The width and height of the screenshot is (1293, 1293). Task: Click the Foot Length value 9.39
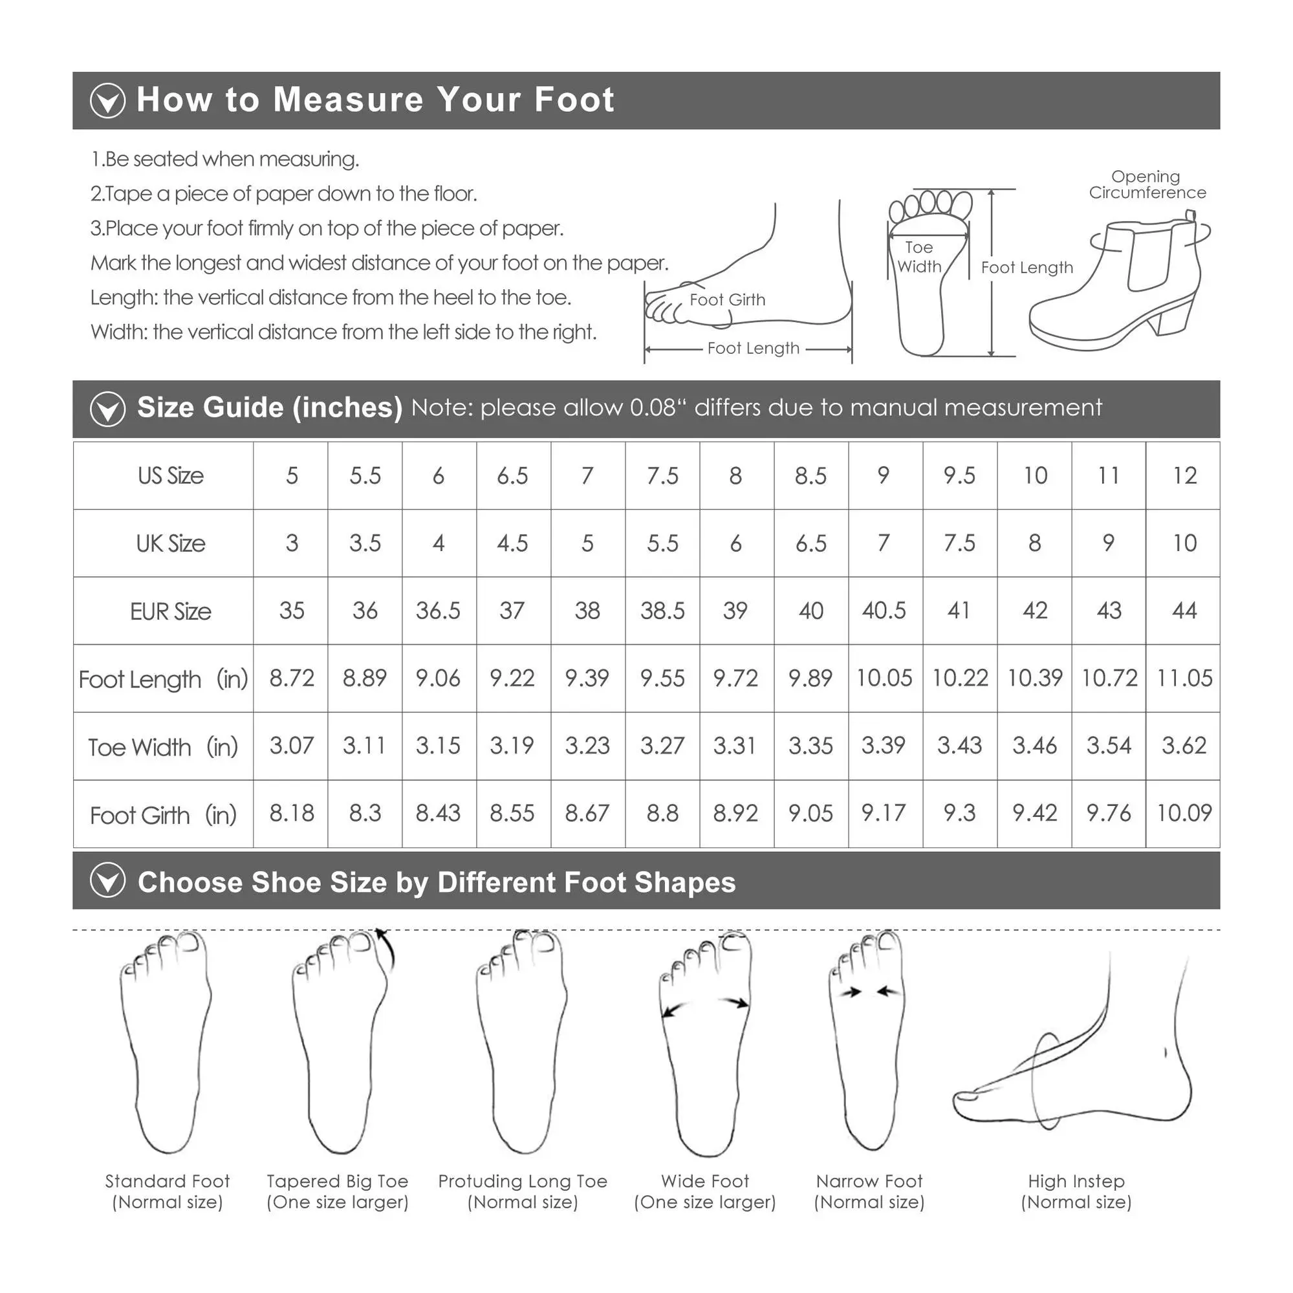[x=587, y=678]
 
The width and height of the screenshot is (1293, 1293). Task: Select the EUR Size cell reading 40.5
[x=884, y=611]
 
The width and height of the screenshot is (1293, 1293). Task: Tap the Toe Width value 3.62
[x=1184, y=746]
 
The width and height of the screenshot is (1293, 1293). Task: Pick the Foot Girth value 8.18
[x=292, y=813]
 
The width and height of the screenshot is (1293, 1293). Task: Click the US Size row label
[x=171, y=476]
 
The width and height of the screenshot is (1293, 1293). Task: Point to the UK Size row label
[x=171, y=543]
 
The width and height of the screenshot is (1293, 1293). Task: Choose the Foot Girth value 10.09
[x=1184, y=813]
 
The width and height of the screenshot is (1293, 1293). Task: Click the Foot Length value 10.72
[x=1109, y=678]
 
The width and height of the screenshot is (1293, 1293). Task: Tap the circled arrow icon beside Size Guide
[x=108, y=409]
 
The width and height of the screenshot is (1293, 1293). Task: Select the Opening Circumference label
[x=1147, y=185]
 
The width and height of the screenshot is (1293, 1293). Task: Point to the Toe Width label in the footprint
[x=919, y=257]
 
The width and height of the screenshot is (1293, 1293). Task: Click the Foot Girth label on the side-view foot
[x=728, y=300]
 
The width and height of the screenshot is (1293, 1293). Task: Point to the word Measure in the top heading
[x=349, y=100]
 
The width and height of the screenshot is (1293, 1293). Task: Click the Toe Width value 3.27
[x=662, y=746]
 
